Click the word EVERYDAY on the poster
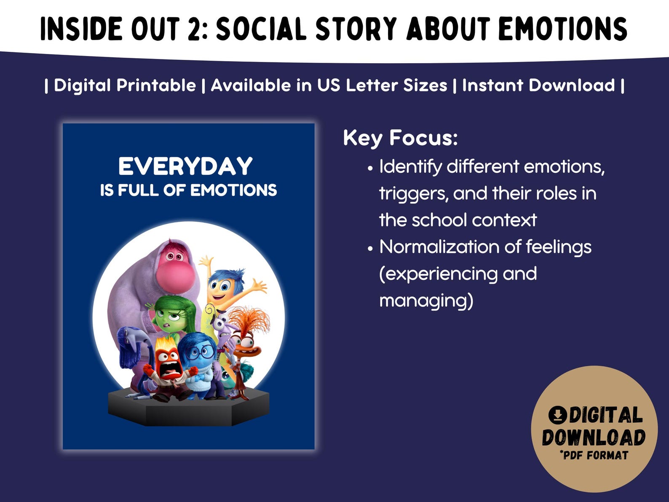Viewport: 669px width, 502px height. pyautogui.click(x=185, y=166)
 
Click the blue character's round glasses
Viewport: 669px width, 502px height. pyautogui.click(x=201, y=352)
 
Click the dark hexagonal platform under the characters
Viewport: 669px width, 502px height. pyautogui.click(x=189, y=408)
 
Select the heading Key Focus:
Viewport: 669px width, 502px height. pyautogui.click(x=400, y=138)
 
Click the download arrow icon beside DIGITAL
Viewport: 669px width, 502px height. pyautogui.click(x=557, y=415)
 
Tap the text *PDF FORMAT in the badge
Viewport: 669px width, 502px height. pyautogui.click(x=594, y=455)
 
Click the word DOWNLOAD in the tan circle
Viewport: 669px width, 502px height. pyautogui.click(x=594, y=438)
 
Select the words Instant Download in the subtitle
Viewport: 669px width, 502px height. pyautogui.click(x=538, y=86)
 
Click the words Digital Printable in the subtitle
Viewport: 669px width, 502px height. pyautogui.click(x=125, y=86)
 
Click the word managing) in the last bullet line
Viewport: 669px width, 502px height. pyautogui.click(x=426, y=301)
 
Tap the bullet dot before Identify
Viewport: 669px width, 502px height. pyautogui.click(x=370, y=168)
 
